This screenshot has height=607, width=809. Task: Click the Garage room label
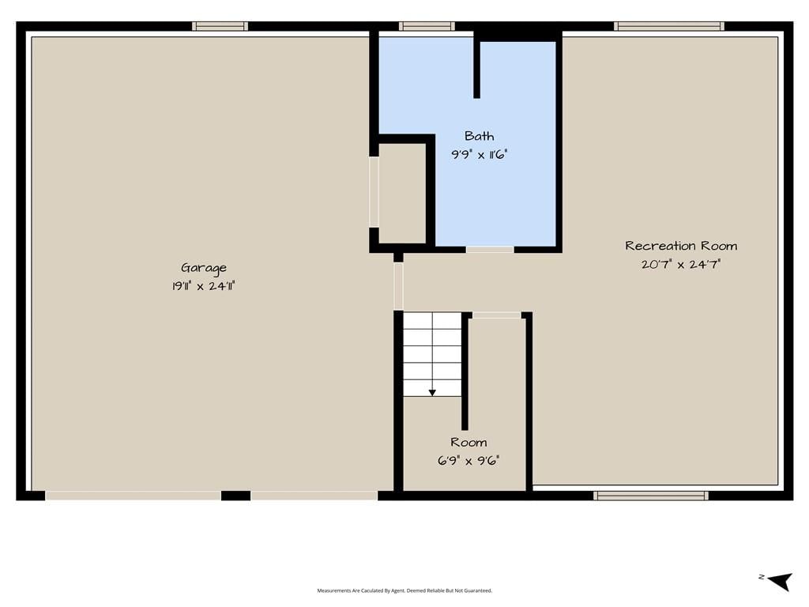click(x=203, y=269)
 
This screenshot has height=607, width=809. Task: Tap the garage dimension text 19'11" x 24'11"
click(x=203, y=286)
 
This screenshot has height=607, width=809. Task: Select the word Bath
click(x=480, y=136)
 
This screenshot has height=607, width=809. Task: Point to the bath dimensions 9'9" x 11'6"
click(x=480, y=154)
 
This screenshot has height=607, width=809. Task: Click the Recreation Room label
click(x=681, y=246)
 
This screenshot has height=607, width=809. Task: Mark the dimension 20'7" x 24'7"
click(x=681, y=264)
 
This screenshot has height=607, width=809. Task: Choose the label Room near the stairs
click(x=468, y=443)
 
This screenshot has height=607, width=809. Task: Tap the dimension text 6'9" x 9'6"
click(x=468, y=461)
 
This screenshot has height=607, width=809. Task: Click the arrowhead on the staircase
click(x=432, y=393)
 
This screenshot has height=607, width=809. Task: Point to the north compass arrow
click(x=780, y=581)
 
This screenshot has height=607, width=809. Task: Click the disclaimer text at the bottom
click(x=404, y=590)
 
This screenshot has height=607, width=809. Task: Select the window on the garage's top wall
click(x=220, y=26)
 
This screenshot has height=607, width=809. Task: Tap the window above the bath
click(x=427, y=26)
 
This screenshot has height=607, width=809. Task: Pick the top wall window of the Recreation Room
click(x=669, y=26)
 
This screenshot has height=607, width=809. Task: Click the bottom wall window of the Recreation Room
click(x=651, y=496)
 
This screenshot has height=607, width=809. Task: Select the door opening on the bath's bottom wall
click(x=490, y=250)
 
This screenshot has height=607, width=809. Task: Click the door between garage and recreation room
click(x=398, y=286)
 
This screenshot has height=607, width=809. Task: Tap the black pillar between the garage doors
click(x=235, y=496)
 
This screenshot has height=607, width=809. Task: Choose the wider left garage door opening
click(x=133, y=496)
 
